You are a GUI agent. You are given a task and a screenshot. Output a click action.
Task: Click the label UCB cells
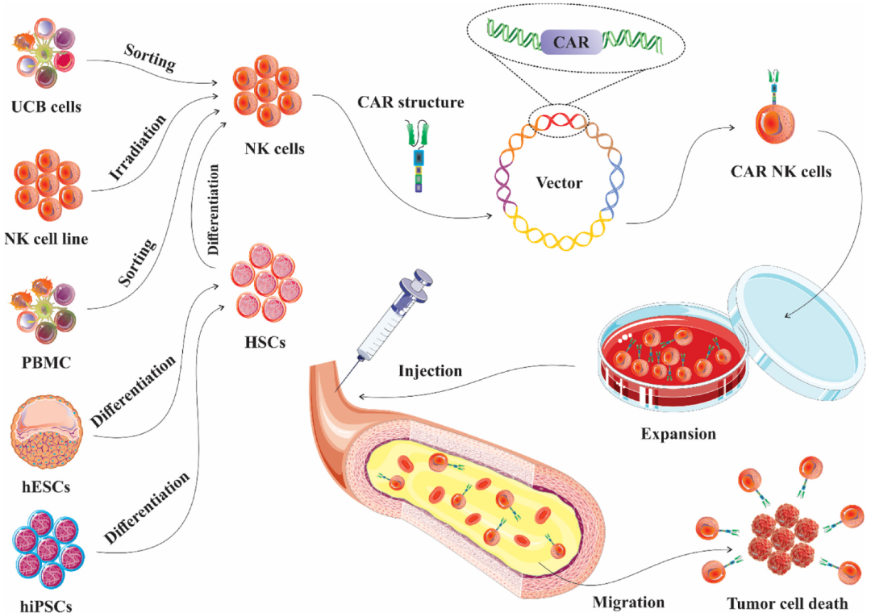coord(46,106)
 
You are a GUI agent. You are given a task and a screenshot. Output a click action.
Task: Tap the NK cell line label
coord(46,239)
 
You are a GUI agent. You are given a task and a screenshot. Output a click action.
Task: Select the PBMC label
coord(46,362)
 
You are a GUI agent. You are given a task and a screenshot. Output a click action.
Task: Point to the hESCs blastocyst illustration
coord(46,432)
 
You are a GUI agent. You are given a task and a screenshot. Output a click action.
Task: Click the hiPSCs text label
coord(46,605)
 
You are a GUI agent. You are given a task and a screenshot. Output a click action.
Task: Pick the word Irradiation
coord(138,148)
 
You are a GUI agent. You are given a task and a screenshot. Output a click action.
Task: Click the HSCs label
coord(265,342)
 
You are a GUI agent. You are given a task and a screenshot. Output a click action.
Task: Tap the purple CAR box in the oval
coord(571,42)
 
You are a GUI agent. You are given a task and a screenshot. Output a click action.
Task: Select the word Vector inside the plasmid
coord(559,182)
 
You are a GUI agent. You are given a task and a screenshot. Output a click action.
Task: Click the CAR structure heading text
coord(410,102)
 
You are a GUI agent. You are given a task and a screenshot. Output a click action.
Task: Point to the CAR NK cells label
coord(781,171)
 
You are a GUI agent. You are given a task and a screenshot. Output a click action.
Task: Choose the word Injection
coord(430,371)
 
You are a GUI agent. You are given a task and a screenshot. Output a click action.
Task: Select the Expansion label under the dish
coord(678,433)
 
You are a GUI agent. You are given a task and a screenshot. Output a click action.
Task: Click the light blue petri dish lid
coord(798,332)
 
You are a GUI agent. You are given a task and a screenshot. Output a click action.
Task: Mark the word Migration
coord(628,603)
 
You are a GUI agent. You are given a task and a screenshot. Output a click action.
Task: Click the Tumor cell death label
coord(788,603)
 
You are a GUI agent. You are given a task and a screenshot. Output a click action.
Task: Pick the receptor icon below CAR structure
coord(419,157)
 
